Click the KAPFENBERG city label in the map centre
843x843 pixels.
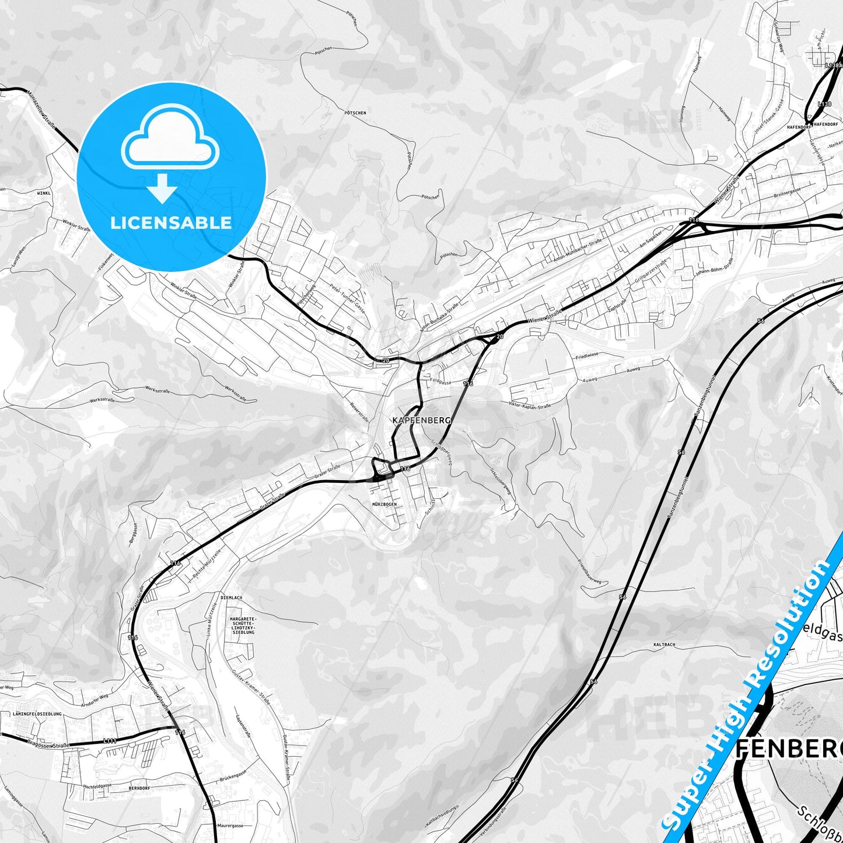(x=421, y=420)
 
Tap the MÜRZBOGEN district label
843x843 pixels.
(x=384, y=503)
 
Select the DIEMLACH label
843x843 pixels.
(x=232, y=598)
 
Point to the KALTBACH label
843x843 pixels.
(x=664, y=645)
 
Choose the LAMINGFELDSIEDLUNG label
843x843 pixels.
(x=36, y=713)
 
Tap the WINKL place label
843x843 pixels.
(x=44, y=192)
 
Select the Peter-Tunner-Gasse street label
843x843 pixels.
(x=347, y=299)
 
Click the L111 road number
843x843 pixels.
(x=109, y=741)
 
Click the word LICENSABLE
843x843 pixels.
(x=171, y=222)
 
